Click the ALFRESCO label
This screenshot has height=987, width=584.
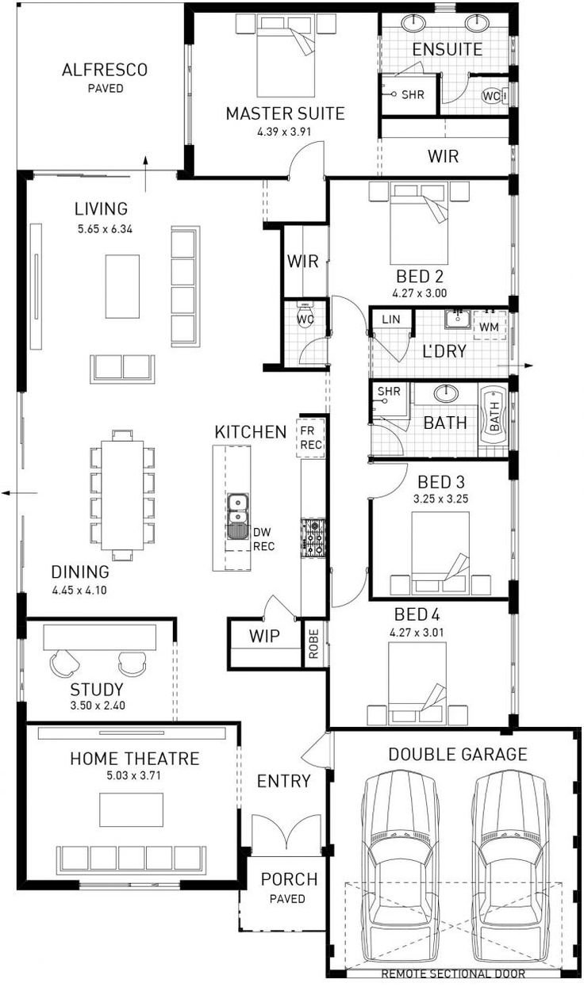pos(105,70)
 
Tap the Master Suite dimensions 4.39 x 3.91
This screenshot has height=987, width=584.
pos(285,132)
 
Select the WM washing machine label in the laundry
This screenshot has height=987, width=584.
pos(489,327)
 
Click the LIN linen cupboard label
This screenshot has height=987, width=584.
pos(391,319)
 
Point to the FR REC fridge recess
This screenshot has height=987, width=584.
pos(311,438)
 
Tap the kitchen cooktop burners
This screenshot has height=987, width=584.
pos(313,538)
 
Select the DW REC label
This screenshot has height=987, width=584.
pos(263,539)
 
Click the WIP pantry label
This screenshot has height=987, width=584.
pos(264,637)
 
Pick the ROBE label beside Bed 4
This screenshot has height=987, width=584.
pos(313,644)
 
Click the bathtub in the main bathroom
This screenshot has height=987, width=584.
pos(494,416)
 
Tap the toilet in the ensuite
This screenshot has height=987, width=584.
pos(494,96)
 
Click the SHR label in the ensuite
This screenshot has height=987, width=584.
pos(413,94)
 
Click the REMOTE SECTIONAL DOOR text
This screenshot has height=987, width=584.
pos(453,974)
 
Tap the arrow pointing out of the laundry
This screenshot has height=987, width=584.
pos(516,365)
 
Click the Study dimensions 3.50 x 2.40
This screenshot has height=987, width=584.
pos(98,706)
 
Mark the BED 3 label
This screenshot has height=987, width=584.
pos(441,482)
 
